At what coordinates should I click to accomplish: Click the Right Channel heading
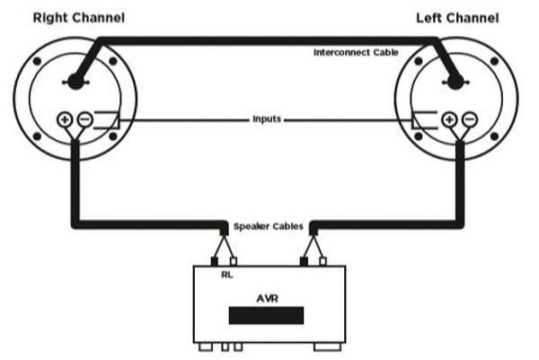[x=79, y=17]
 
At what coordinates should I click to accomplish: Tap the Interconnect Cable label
[x=355, y=53]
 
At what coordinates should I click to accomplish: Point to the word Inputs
[x=266, y=119]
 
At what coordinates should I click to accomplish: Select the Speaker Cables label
[x=267, y=225]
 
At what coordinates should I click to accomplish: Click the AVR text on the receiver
[x=267, y=295]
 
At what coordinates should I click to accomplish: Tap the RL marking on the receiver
[x=226, y=275]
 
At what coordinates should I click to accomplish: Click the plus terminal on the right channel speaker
[x=66, y=118]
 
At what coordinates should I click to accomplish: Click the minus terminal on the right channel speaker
[x=84, y=118]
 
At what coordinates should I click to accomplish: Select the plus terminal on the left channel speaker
[x=448, y=118]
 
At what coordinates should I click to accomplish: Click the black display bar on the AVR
[x=266, y=315]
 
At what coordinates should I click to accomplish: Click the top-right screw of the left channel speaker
[x=494, y=62]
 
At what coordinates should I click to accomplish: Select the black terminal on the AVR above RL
[x=215, y=261]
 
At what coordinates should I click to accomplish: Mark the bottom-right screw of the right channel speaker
[x=114, y=136]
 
